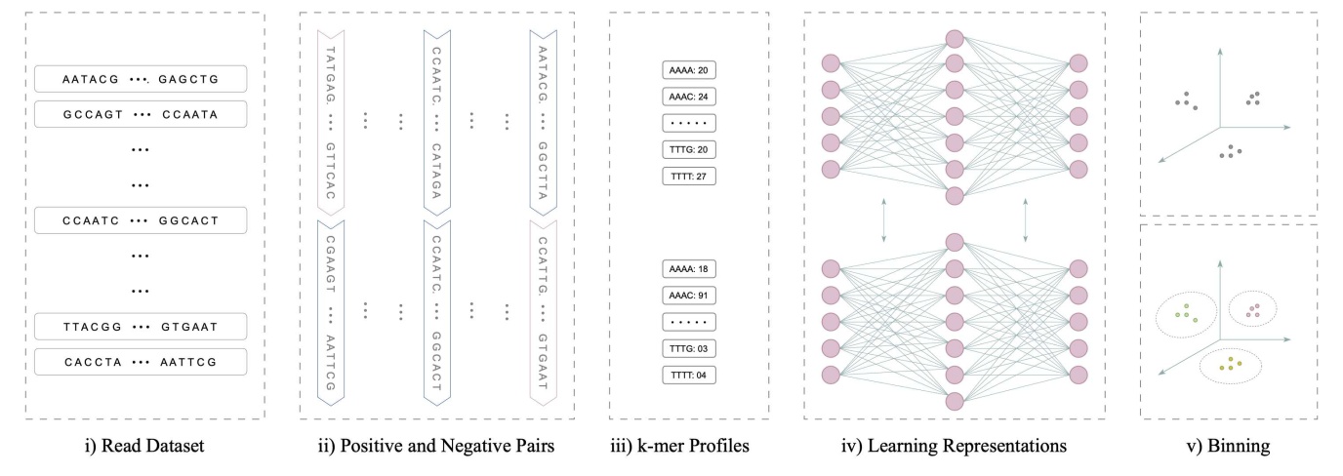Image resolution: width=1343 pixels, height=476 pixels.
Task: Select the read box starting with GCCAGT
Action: [140, 114]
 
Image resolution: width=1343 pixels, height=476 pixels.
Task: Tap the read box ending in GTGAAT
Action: [140, 326]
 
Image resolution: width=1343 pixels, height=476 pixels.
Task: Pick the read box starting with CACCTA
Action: [140, 361]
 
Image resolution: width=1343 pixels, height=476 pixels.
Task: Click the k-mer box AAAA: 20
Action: [689, 70]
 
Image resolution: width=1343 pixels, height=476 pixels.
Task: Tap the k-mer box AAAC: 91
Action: [689, 294]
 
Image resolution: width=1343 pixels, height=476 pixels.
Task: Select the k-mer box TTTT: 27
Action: [689, 177]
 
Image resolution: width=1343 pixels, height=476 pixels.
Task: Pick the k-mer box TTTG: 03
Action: [689, 348]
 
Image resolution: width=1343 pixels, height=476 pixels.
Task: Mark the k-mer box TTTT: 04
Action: [689, 375]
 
